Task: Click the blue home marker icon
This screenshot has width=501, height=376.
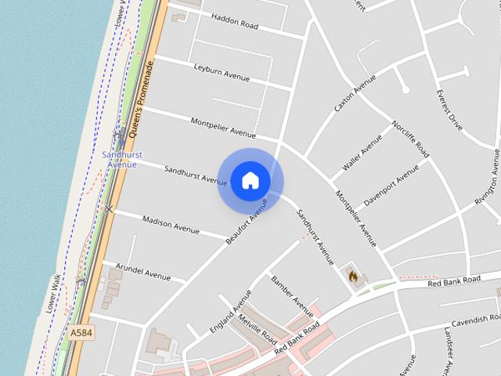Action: click(250, 181)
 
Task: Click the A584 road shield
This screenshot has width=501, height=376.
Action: click(81, 333)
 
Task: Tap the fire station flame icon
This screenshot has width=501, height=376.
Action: click(353, 276)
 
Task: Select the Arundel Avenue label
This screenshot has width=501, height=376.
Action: click(142, 272)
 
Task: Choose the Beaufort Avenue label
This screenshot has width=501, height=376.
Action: click(247, 222)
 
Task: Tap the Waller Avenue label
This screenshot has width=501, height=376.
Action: click(362, 154)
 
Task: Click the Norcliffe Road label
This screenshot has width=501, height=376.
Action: click(411, 139)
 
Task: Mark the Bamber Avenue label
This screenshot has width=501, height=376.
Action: click(292, 291)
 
